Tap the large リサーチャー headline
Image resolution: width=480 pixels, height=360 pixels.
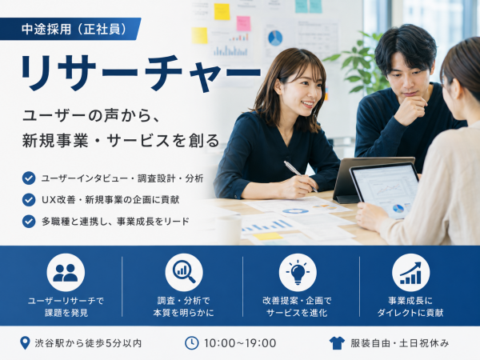click(x=141, y=73)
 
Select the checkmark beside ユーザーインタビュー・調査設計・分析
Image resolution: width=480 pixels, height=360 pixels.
click(x=29, y=178)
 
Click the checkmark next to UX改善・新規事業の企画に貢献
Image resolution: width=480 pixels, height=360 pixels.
click(x=29, y=199)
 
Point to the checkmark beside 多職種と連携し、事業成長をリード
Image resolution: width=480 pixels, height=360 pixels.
click(x=29, y=221)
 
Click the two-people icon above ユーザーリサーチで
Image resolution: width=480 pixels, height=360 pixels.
click(x=66, y=273)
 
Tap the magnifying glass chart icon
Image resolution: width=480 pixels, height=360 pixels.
click(x=184, y=273)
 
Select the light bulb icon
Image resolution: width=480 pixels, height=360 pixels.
click(x=298, y=273)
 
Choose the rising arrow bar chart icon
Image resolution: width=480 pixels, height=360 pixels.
click(x=411, y=273)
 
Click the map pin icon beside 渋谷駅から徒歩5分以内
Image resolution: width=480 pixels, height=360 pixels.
click(x=25, y=343)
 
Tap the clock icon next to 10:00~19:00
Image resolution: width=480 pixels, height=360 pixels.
click(x=192, y=343)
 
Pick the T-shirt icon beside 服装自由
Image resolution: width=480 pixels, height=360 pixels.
click(x=337, y=343)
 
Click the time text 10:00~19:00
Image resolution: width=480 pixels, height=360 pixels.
click(x=240, y=343)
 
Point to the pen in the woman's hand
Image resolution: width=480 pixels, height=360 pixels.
click(x=300, y=176)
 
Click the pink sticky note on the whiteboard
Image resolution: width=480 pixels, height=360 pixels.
click(x=243, y=23)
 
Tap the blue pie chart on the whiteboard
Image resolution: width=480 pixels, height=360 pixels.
click(x=275, y=38)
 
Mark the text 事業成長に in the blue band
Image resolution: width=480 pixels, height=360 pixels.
click(x=410, y=301)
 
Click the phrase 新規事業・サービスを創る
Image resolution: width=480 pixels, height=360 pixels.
click(x=121, y=141)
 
